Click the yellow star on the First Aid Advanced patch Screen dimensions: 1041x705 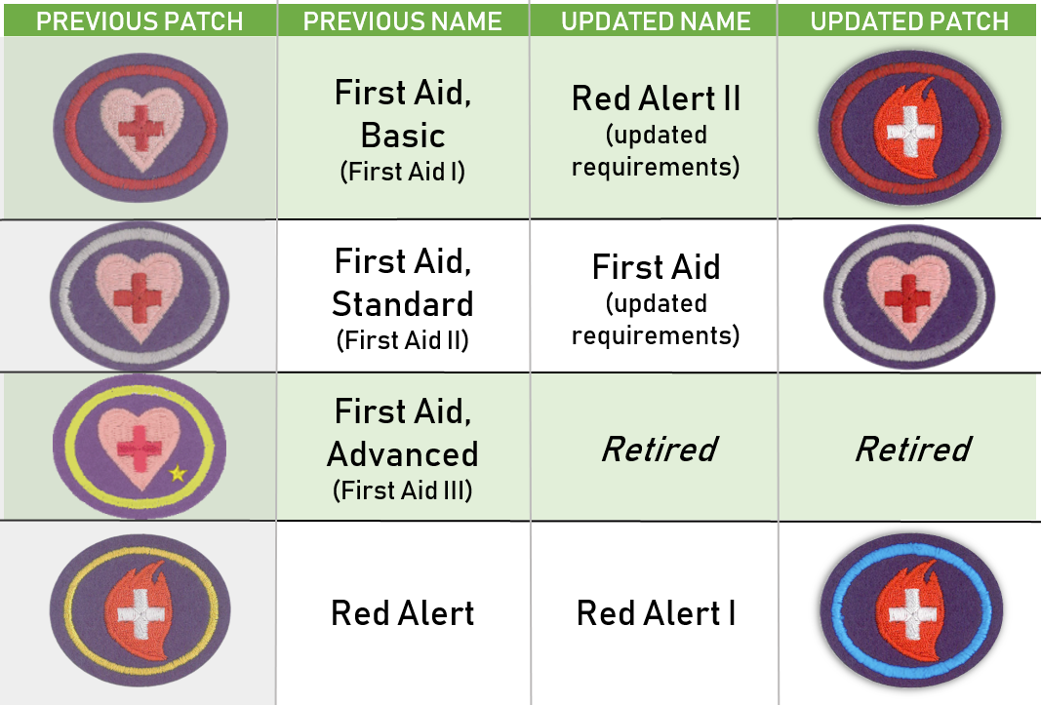[x=178, y=473]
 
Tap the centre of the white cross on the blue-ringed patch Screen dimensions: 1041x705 [x=911, y=612]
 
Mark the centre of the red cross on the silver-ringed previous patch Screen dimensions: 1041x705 [x=138, y=298]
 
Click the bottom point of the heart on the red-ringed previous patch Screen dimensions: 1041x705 [x=142, y=171]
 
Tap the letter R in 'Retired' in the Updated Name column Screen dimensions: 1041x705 [x=614, y=450]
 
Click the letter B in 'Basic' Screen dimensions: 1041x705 [x=373, y=136]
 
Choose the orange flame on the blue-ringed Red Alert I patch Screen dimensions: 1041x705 [x=910, y=610]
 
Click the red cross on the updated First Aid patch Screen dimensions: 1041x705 [x=907, y=298]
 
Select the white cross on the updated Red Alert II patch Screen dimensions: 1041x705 [x=910, y=132]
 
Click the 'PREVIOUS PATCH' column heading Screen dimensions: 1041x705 [x=140, y=21]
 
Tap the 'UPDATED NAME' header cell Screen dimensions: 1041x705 [x=656, y=21]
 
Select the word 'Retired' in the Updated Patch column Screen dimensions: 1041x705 [x=913, y=450]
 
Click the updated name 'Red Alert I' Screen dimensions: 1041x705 [x=656, y=612]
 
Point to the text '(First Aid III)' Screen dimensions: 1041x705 [x=402, y=490]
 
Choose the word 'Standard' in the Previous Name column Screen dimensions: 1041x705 [x=402, y=304]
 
